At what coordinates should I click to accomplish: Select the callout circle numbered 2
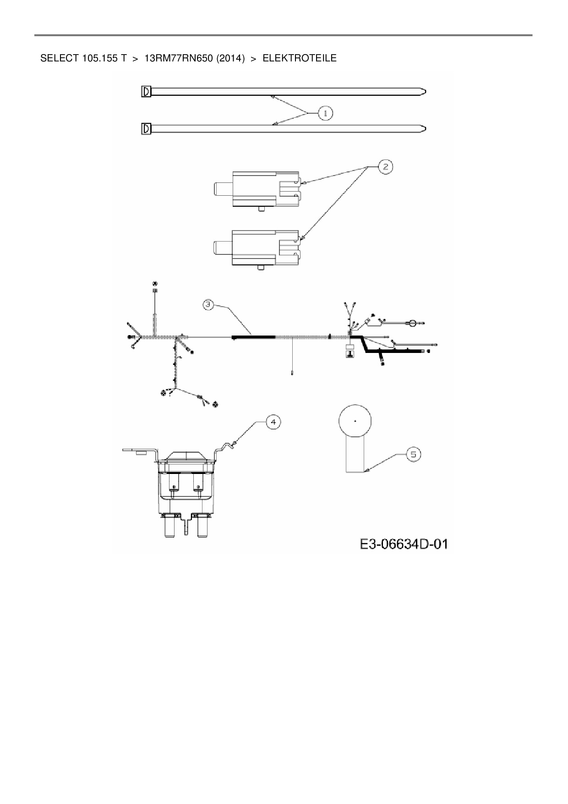coord(385,167)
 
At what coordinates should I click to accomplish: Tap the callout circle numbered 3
coord(208,304)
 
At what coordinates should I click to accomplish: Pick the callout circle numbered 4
coord(273,422)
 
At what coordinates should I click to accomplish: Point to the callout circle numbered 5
coord(413,454)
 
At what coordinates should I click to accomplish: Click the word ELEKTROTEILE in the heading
coord(300,59)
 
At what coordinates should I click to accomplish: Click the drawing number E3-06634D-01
coord(403,544)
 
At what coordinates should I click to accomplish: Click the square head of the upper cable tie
coord(146,92)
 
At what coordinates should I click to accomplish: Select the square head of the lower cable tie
coord(146,129)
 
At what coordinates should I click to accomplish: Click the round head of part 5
coord(355,420)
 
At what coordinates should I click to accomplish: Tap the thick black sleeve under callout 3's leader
coord(254,337)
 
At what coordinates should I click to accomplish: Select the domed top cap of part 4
coord(186,456)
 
